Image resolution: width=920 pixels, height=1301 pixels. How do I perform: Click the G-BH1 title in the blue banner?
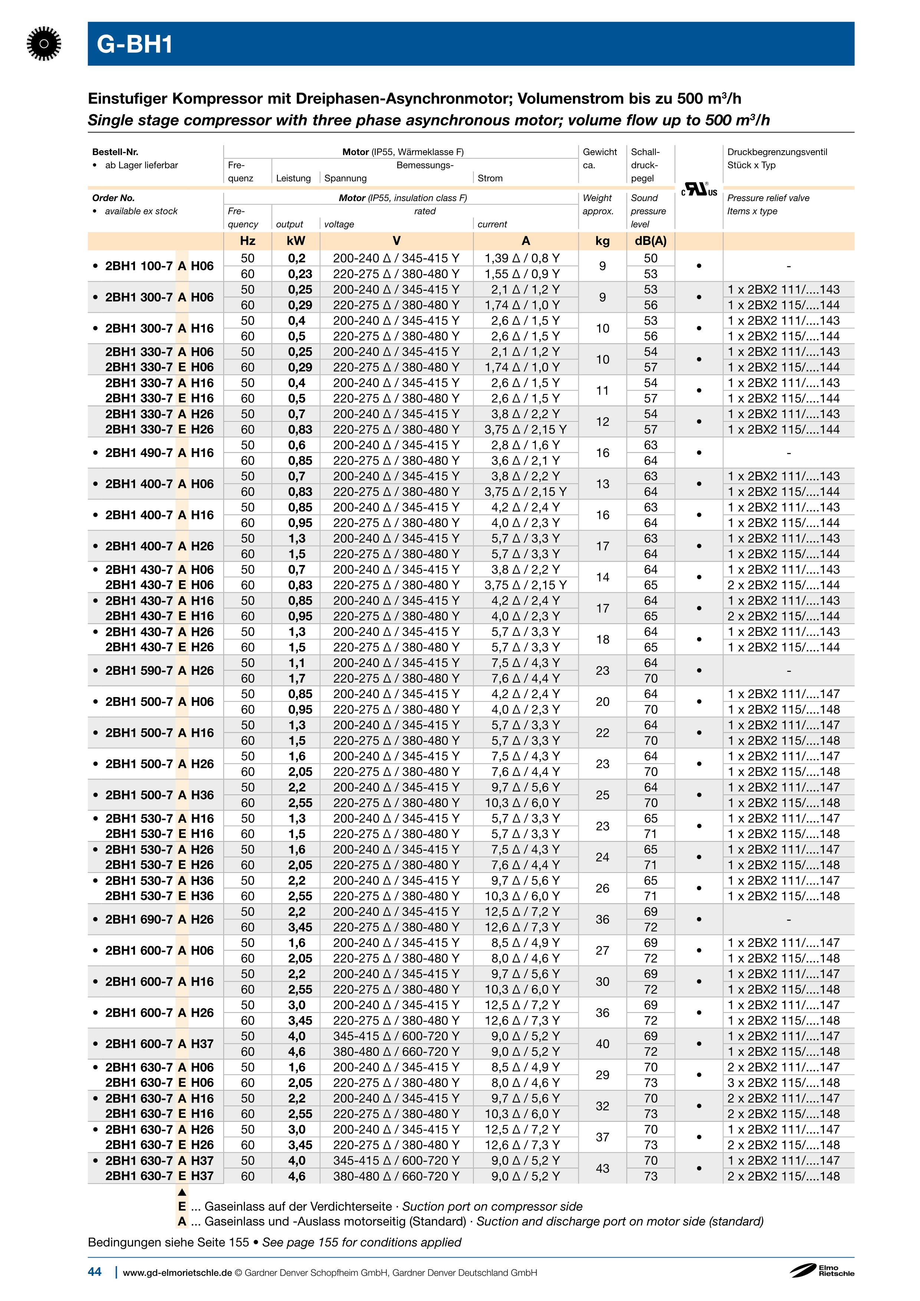pos(135,44)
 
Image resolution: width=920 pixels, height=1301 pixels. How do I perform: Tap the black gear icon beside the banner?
pos(44,44)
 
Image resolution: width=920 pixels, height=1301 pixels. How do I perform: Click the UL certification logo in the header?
pos(699,189)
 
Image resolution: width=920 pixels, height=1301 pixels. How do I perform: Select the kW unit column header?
pos(296,241)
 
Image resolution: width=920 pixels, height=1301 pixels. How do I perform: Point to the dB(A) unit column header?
pos(650,241)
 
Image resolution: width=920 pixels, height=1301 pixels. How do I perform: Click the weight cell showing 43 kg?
pos(602,1169)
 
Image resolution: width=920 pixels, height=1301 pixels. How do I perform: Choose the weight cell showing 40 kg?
pos(602,1044)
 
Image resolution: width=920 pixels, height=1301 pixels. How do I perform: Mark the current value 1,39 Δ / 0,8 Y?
pos(522,259)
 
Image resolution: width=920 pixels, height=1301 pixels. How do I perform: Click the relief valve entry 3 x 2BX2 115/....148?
pos(783,1083)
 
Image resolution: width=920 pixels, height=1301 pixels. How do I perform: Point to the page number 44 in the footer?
pos(95,1272)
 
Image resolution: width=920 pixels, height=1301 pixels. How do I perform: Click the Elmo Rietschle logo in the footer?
pos(822,1271)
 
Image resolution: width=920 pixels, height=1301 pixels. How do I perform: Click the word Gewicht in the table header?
pos(599,152)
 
